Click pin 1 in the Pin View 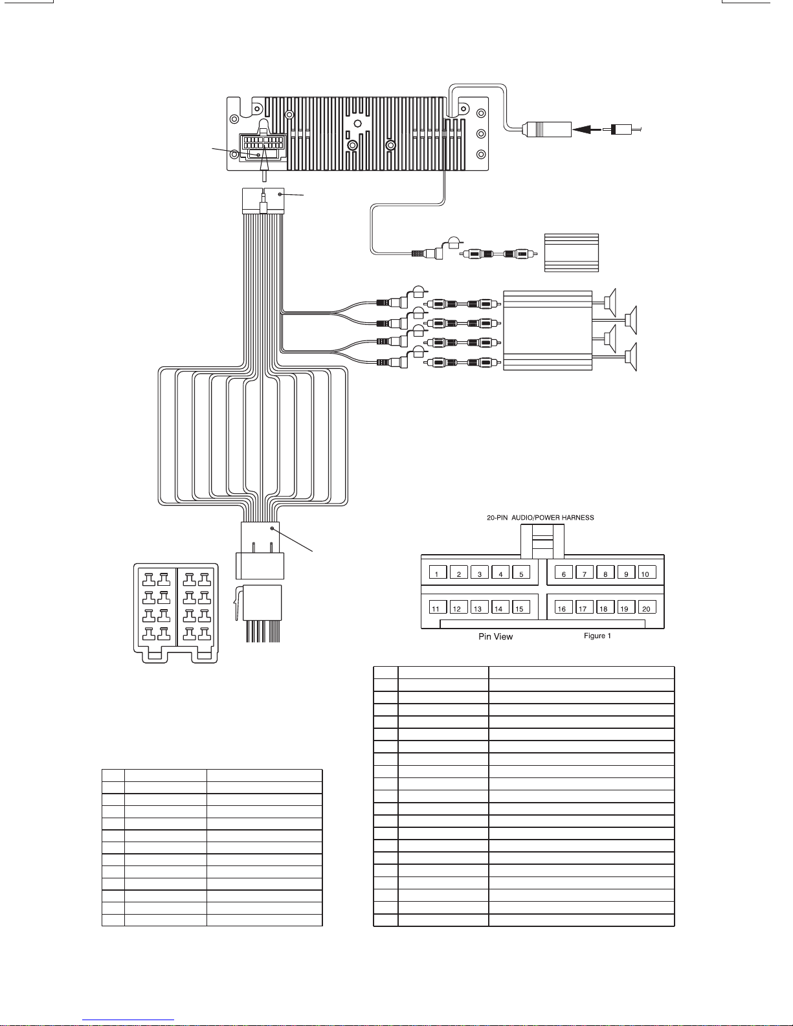[x=438, y=572]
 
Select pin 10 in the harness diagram [x=647, y=572]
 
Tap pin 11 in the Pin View [x=438, y=607]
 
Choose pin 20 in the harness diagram [x=647, y=607]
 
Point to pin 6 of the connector [x=564, y=572]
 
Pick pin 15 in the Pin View [x=521, y=607]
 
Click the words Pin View [x=496, y=636]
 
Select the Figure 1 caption [x=597, y=636]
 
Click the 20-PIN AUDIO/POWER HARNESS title [x=541, y=517]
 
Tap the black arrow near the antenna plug [x=586, y=129]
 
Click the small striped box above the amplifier [x=572, y=252]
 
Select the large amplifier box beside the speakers [x=548, y=331]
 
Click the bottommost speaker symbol [x=632, y=357]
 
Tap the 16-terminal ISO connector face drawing [x=176, y=613]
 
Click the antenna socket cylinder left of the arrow [x=547, y=129]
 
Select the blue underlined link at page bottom [x=128, y=1020]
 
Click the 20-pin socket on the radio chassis [x=263, y=147]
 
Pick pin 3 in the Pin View [x=480, y=572]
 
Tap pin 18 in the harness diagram [x=605, y=607]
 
